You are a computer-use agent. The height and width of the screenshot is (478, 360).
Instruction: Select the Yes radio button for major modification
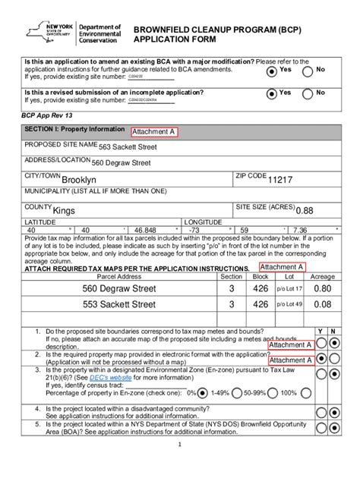point(271,71)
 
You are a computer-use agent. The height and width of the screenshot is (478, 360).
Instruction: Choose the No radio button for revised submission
point(308,95)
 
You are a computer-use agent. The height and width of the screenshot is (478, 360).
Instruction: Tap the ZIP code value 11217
point(279,180)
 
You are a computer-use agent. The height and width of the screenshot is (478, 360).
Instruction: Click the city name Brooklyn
point(79,181)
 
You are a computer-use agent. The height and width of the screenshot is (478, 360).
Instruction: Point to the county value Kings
point(65,210)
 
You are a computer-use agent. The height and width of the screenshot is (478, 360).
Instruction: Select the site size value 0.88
point(305,211)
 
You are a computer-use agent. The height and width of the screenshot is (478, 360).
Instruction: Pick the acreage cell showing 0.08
point(322,304)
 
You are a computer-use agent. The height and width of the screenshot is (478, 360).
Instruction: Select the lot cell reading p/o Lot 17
point(289,289)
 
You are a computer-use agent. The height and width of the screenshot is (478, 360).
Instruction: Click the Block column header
point(261,277)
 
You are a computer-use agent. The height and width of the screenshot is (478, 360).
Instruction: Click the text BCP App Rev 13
point(47,116)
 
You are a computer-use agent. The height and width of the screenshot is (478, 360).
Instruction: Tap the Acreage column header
point(322,277)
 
